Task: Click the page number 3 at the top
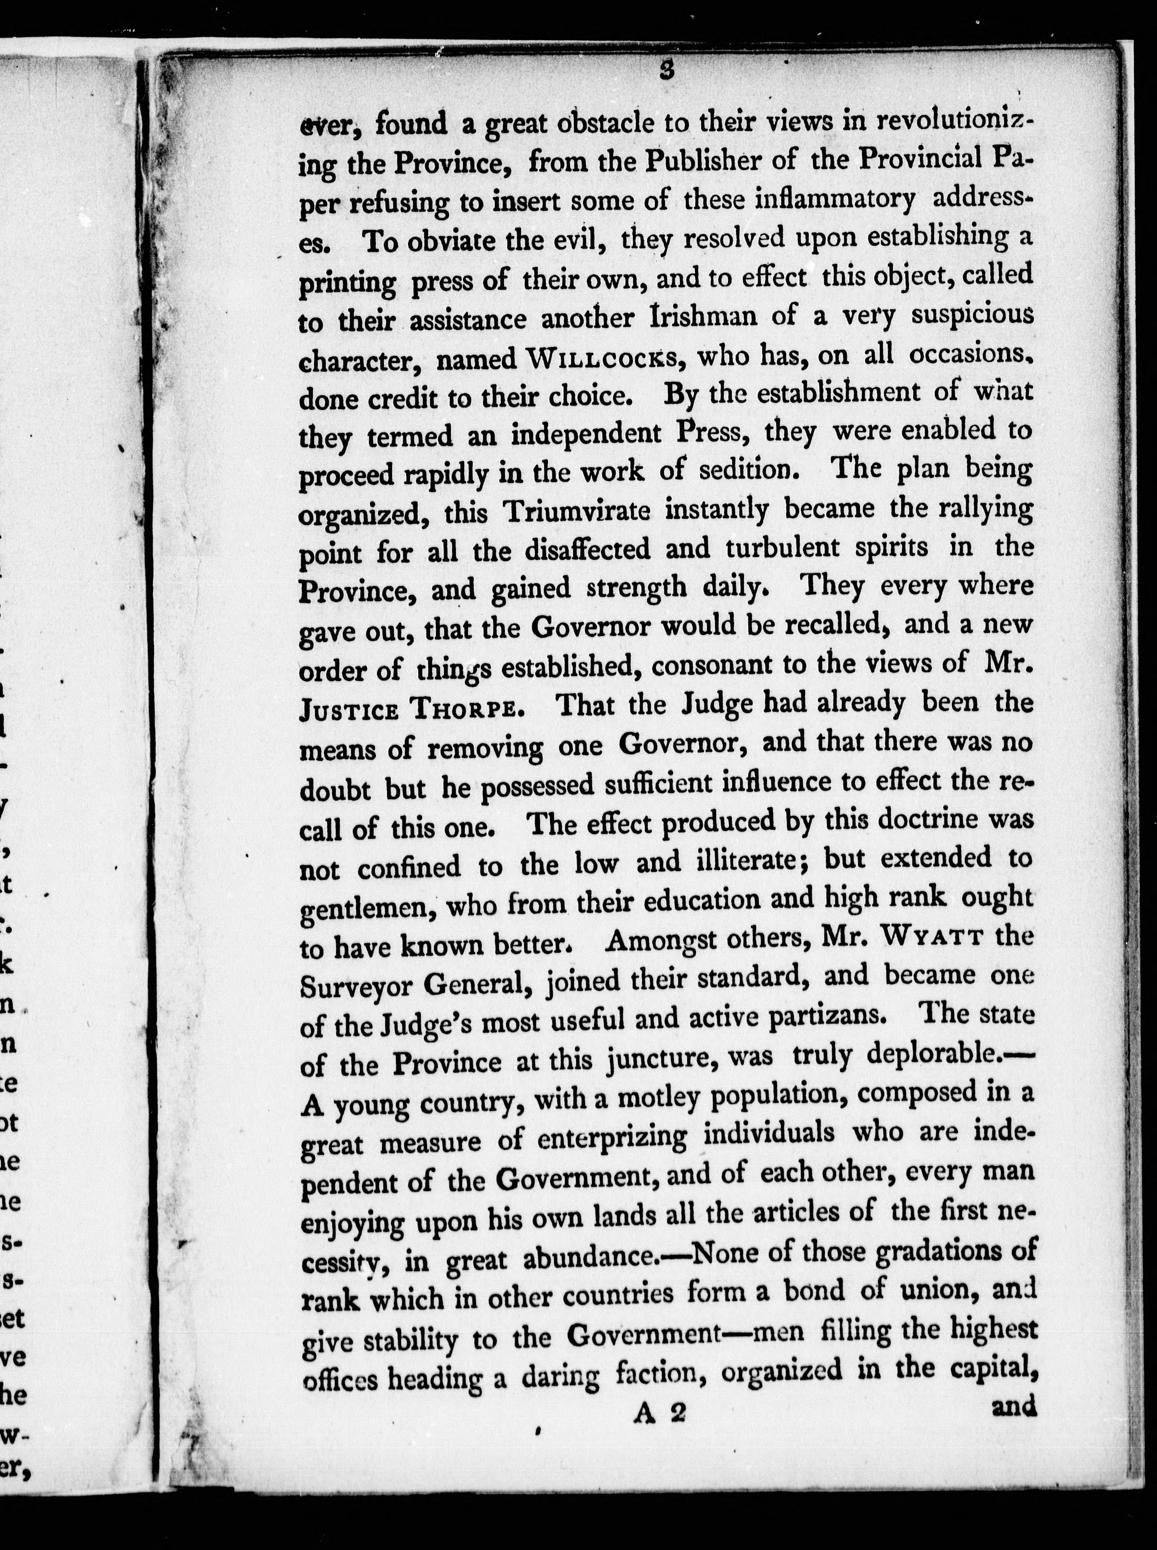click(666, 71)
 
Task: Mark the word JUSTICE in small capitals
click(349, 710)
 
